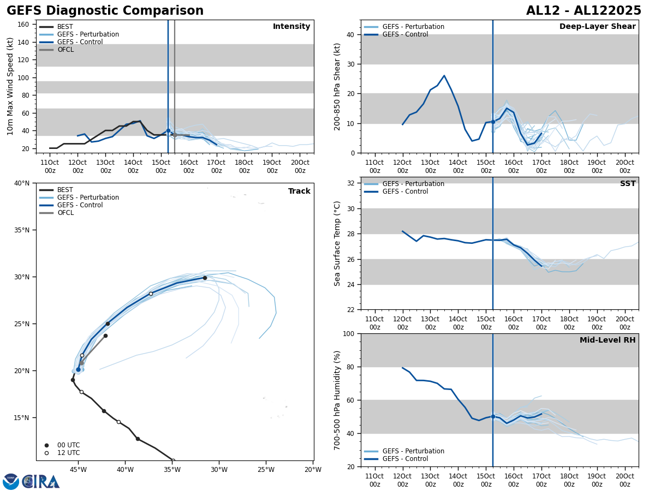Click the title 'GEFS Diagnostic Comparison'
click(x=105, y=11)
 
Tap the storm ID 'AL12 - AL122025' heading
click(x=583, y=11)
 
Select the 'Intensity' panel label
click(x=291, y=27)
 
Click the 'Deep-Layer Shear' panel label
click(x=597, y=27)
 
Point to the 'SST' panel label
click(x=627, y=184)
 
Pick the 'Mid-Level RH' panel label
click(x=608, y=340)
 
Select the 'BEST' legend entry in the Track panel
click(x=65, y=190)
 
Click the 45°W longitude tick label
click(x=78, y=469)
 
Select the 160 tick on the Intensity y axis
click(x=23, y=25)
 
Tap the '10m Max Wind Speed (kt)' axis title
click(x=10, y=86)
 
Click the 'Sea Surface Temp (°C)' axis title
click(x=337, y=243)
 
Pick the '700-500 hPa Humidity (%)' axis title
click(x=337, y=400)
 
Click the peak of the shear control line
click(x=444, y=76)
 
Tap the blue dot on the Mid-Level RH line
click(x=493, y=416)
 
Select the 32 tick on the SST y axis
click(x=352, y=183)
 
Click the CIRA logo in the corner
click(x=32, y=481)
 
